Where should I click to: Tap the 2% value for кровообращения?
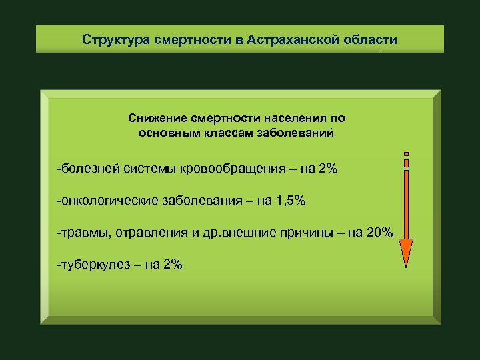click(x=328, y=169)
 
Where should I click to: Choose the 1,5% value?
click(x=290, y=200)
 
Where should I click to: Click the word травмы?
click(x=86, y=232)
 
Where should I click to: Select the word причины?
click(x=311, y=232)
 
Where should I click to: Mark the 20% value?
click(x=380, y=232)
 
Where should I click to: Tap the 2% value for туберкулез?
click(x=172, y=265)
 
